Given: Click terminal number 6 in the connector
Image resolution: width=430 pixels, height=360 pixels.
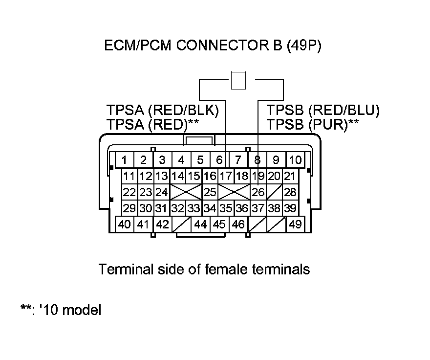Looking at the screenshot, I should (x=219, y=159).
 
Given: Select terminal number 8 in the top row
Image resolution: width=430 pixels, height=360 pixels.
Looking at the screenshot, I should (x=257, y=159).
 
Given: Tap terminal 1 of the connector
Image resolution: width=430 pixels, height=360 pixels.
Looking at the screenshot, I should (x=125, y=159).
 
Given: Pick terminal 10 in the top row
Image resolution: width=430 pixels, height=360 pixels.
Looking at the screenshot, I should (x=295, y=159).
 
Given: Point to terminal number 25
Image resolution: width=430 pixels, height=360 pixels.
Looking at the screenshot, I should (x=210, y=192).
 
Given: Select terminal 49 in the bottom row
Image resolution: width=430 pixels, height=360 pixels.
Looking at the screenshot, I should (x=295, y=225).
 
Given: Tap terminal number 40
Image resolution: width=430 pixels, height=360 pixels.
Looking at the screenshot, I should (x=125, y=225).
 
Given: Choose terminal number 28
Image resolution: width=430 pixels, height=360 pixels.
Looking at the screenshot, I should (x=290, y=192).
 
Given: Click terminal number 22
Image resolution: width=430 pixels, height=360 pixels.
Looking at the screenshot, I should (x=129, y=192).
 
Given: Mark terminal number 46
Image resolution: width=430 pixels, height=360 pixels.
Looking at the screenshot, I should (x=238, y=225).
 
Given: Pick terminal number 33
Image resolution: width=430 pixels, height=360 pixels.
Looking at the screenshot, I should (x=193, y=208).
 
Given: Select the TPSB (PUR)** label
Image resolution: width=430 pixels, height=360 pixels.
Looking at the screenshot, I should (x=313, y=124).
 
